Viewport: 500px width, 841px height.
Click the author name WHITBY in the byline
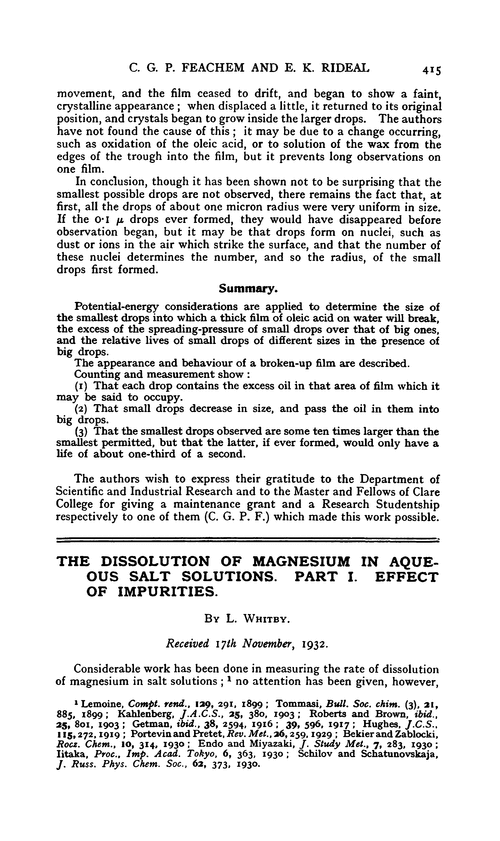click(x=277, y=648)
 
